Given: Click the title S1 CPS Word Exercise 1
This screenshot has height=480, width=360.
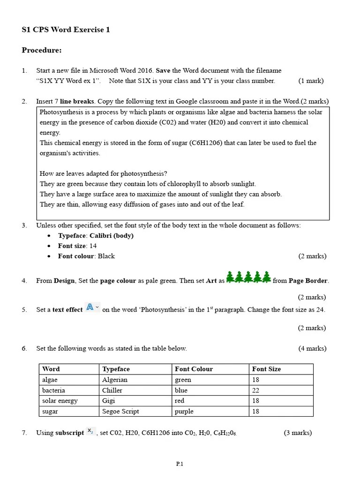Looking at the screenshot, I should [66, 30].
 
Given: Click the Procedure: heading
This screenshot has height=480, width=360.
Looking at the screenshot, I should [42, 50].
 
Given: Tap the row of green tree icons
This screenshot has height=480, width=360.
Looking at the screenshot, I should [248, 277].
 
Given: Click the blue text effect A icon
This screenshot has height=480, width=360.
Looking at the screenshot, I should [90, 308].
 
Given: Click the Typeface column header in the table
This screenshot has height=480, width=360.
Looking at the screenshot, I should [116, 369].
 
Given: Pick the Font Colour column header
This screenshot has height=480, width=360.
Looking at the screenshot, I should [194, 369].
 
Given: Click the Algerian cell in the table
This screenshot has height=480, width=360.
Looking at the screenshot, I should [115, 380].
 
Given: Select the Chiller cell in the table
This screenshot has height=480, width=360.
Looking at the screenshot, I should [112, 390].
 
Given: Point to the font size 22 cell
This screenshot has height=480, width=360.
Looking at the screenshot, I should [255, 390].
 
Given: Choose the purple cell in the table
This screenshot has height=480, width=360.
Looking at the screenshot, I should [184, 412].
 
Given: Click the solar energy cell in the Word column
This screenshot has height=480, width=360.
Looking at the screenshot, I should [60, 401].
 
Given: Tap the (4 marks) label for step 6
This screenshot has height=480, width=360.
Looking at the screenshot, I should [312, 348].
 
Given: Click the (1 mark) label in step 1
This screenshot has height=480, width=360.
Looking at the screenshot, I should [311, 81].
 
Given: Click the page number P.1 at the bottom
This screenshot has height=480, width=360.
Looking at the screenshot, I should [180, 464].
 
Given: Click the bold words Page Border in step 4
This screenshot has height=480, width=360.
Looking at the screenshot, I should [308, 281].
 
